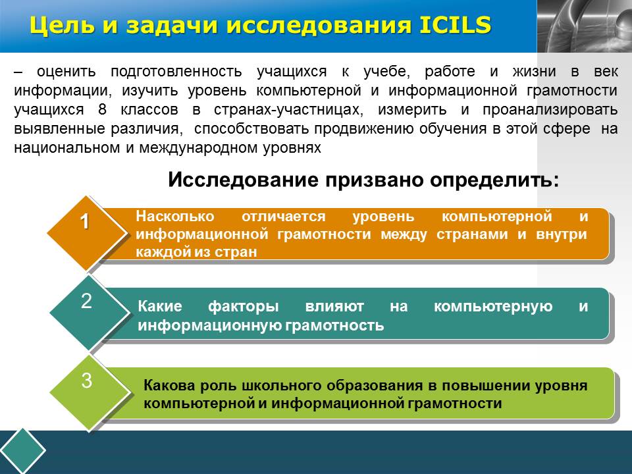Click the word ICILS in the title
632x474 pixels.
455,25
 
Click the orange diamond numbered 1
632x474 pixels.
87,233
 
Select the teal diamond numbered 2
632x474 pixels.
89,312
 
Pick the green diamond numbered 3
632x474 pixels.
89,392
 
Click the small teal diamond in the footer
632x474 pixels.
22,450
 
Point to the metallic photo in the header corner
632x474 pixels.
585,26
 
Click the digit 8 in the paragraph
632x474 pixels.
102,110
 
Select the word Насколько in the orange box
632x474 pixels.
175,217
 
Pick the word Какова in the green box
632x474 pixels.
169,385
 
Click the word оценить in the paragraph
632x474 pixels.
66,72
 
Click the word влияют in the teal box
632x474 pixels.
334,306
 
